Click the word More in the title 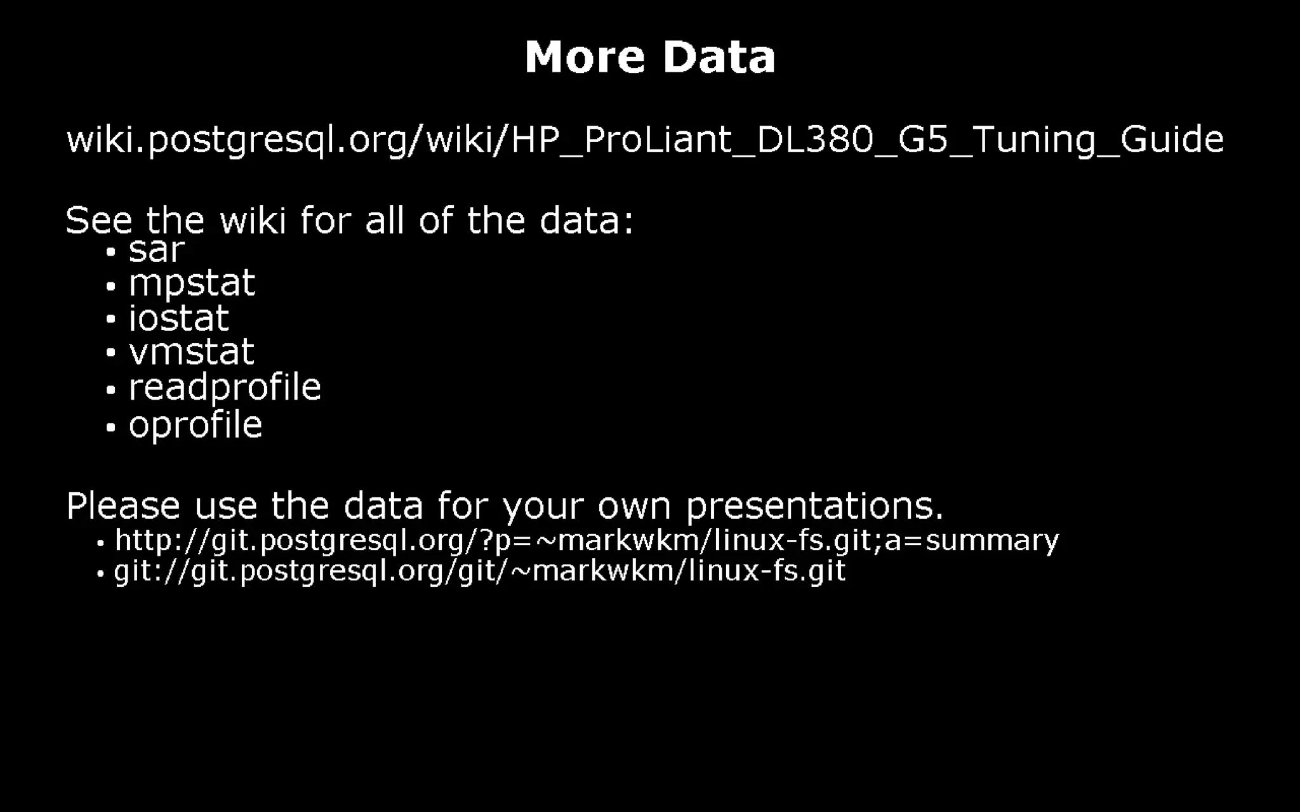pyautogui.click(x=584, y=57)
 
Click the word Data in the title pyautogui.click(x=719, y=57)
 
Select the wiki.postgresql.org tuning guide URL pyautogui.click(x=645, y=140)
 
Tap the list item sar pyautogui.click(x=156, y=250)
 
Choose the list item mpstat pyautogui.click(x=192, y=284)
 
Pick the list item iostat pyautogui.click(x=178, y=318)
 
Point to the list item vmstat pyautogui.click(x=191, y=352)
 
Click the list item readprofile pyautogui.click(x=225, y=388)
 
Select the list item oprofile pyautogui.click(x=196, y=425)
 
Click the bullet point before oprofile pyautogui.click(x=111, y=428)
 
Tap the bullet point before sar pyautogui.click(x=111, y=252)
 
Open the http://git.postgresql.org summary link pyautogui.click(x=587, y=540)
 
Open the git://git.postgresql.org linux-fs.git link pyautogui.click(x=480, y=571)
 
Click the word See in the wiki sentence pyautogui.click(x=99, y=221)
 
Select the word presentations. pyautogui.click(x=814, y=506)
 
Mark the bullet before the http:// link pyautogui.click(x=100, y=544)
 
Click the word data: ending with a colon pyautogui.click(x=586, y=221)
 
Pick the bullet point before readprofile pyautogui.click(x=111, y=390)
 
